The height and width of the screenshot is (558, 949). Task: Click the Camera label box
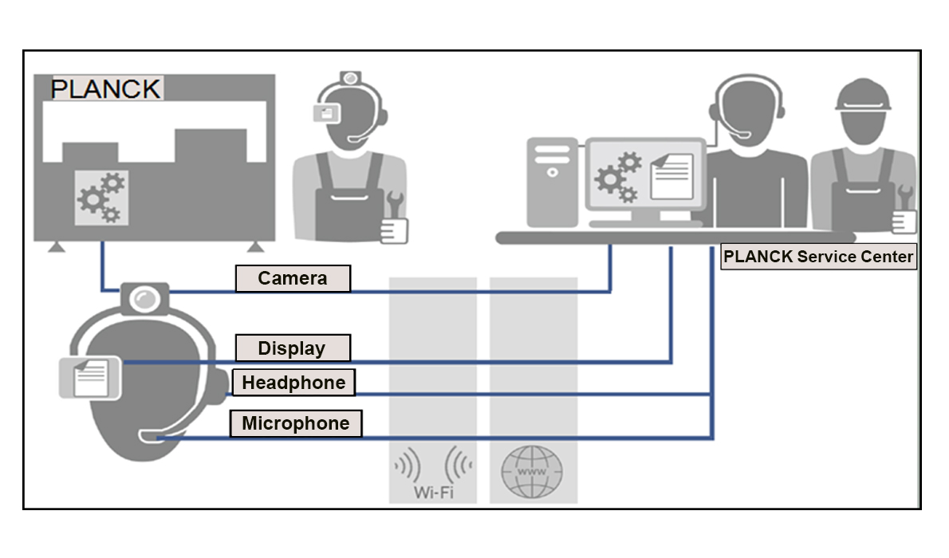coord(293,278)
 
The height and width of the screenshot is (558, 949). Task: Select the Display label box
coord(293,348)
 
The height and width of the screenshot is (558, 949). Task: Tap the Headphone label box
coord(293,383)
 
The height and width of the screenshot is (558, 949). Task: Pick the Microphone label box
coord(296,423)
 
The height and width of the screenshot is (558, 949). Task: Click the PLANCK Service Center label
coord(818,257)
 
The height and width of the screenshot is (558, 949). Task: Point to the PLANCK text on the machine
coord(106,88)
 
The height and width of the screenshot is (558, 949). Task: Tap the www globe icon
coord(532,472)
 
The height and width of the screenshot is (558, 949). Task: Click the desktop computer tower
coord(552,182)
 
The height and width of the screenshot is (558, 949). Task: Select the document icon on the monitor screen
coord(671,176)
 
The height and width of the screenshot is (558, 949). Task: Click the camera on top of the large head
coord(144,297)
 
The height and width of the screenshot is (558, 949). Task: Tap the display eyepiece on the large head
coord(89,377)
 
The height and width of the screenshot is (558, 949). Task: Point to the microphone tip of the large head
coord(151,436)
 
